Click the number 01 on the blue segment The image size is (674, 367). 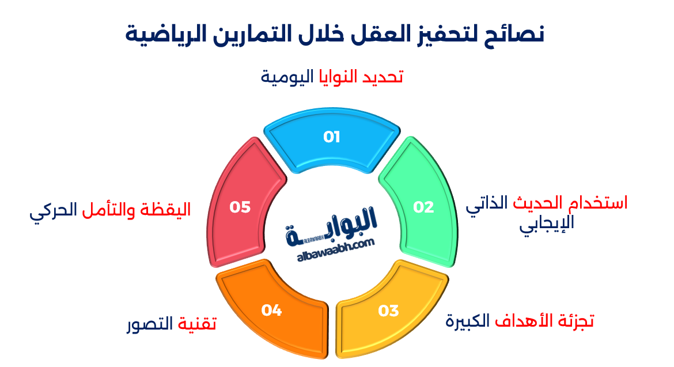click(x=331, y=137)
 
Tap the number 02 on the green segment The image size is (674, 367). click(x=423, y=207)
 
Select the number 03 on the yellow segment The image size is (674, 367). click(x=388, y=311)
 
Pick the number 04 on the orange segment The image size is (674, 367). click(x=271, y=311)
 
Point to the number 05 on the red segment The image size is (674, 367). click(x=240, y=207)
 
